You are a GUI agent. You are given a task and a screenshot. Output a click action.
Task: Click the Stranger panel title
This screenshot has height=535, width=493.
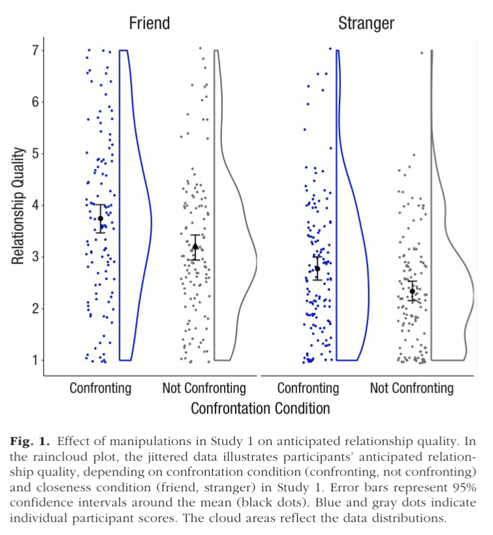(366, 23)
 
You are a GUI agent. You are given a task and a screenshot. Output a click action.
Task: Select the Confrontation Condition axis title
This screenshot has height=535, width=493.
(260, 409)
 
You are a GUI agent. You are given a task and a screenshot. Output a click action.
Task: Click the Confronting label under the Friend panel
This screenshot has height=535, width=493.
(101, 389)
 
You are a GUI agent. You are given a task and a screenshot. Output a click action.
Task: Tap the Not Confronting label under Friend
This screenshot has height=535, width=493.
(204, 389)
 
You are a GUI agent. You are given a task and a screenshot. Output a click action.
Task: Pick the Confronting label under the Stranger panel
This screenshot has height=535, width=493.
(308, 389)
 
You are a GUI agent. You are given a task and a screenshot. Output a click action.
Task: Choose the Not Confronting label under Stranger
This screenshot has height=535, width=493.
(411, 389)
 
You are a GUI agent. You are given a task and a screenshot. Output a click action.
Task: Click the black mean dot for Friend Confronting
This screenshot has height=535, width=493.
(101, 219)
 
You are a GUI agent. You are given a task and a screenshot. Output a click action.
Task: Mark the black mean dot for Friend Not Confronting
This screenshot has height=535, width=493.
(195, 247)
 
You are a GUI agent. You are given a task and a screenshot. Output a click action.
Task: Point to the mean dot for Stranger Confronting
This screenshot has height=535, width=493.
(317, 268)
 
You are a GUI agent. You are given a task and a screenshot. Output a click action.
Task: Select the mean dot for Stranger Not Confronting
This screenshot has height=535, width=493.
(412, 291)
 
